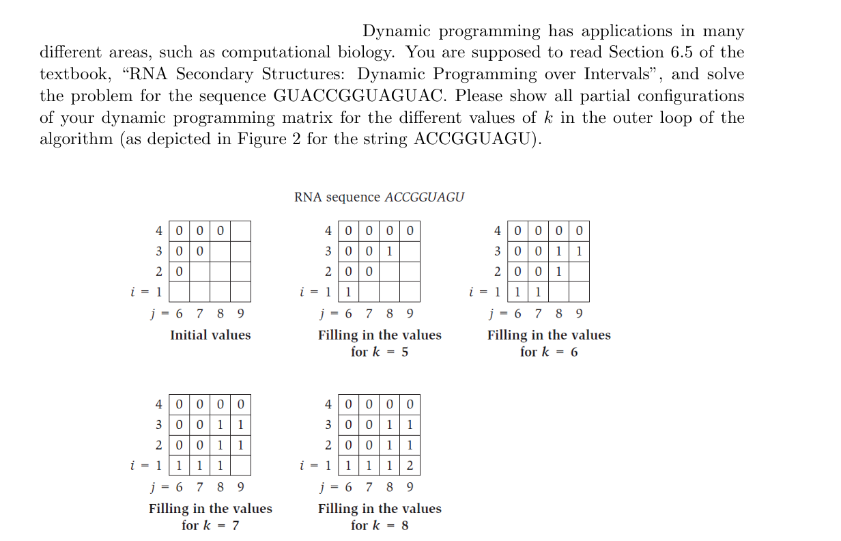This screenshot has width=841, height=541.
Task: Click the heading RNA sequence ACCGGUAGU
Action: (379, 197)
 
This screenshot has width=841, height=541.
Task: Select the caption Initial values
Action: (210, 335)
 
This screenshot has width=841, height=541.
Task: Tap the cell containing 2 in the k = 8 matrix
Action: (409, 467)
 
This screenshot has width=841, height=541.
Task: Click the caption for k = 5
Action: (380, 352)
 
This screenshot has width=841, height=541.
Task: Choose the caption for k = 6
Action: (549, 352)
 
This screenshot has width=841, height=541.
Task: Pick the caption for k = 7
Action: (210, 526)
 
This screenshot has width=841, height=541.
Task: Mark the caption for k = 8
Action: (380, 526)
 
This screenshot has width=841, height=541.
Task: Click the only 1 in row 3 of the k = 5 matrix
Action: (388, 251)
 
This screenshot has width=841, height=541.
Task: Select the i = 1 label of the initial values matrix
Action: (145, 292)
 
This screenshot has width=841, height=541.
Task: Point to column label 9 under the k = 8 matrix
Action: (409, 488)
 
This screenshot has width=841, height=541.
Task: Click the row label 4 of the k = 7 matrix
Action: (158, 404)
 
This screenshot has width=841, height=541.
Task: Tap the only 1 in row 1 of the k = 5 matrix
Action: (348, 292)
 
